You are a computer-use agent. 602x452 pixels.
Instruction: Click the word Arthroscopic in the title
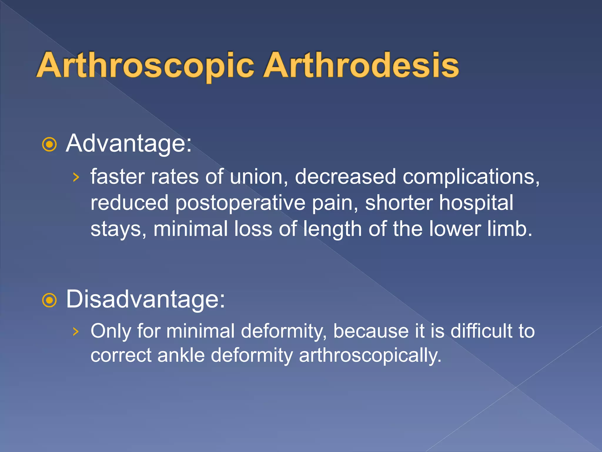pyautogui.click(x=146, y=65)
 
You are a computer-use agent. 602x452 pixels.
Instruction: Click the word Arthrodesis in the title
pyautogui.click(x=361, y=65)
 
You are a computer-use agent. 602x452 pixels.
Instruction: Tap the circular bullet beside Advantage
pyautogui.click(x=49, y=144)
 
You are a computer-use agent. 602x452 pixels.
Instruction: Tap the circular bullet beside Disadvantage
pyautogui.click(x=49, y=300)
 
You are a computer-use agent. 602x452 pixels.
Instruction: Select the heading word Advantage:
pyautogui.click(x=128, y=144)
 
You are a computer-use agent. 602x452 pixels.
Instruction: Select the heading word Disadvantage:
pyautogui.click(x=145, y=299)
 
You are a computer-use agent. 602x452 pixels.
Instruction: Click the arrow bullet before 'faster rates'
pyautogui.click(x=76, y=177)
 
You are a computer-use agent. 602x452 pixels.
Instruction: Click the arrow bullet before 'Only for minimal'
pyautogui.click(x=76, y=332)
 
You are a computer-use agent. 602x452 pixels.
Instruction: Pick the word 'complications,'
pyautogui.click(x=471, y=177)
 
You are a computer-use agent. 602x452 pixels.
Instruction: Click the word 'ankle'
pyautogui.click(x=181, y=355)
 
